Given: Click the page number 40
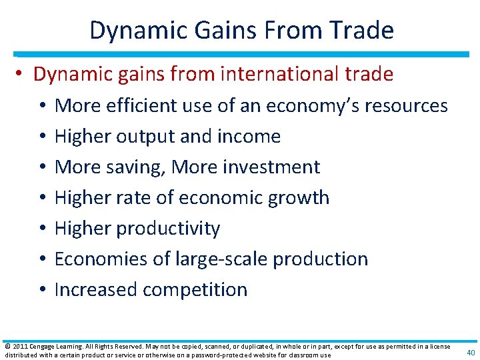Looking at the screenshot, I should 470,353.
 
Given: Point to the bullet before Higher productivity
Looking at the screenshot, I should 41,229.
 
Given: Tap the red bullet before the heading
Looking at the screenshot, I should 21,75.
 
